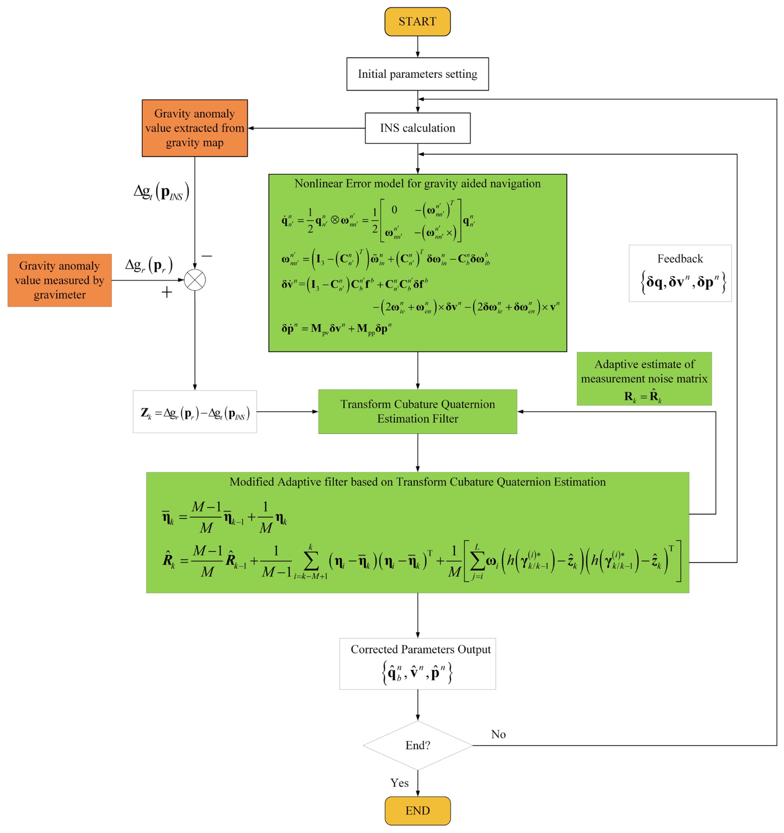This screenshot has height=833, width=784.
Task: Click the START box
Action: (x=417, y=21)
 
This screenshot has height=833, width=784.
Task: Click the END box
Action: (x=417, y=810)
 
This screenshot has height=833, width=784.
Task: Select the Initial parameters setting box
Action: (x=417, y=74)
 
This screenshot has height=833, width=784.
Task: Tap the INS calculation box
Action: (x=417, y=128)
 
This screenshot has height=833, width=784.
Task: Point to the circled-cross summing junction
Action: (x=195, y=280)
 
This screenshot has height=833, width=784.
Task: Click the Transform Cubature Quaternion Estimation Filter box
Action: (x=417, y=411)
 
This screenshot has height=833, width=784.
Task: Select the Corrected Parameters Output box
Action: (x=417, y=664)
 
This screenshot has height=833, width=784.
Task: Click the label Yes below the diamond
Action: (x=399, y=783)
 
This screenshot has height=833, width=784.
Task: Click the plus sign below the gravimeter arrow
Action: (x=167, y=292)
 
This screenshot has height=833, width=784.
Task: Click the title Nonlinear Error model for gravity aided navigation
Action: (x=417, y=183)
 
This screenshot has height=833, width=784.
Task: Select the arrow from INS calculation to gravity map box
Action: (x=306, y=128)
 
